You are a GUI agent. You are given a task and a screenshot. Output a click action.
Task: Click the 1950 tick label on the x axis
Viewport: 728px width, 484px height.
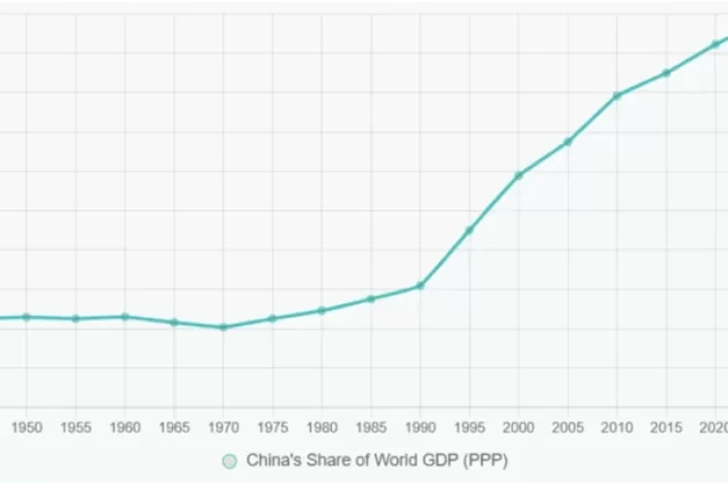coord(26,428)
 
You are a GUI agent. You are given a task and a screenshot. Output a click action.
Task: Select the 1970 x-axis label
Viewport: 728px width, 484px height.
coord(223,428)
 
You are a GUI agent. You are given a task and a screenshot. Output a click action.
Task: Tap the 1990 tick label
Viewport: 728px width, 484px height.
coord(419,428)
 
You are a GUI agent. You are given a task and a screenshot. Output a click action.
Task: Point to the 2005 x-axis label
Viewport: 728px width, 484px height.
coord(567,428)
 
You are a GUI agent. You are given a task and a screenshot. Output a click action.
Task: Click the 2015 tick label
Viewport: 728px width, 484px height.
coord(666,428)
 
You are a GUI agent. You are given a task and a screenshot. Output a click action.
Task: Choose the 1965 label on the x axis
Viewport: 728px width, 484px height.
coord(174,428)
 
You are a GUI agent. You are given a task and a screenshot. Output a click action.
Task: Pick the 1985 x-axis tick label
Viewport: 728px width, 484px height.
coord(371,428)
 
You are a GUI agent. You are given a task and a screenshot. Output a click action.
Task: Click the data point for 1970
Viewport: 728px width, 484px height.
coord(223,328)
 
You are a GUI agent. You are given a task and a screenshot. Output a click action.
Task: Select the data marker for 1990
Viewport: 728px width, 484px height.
coord(419,286)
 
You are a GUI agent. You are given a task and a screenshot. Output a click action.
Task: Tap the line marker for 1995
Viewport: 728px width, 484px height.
coord(469,230)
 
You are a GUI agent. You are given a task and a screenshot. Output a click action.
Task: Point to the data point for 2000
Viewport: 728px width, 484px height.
coord(519,175)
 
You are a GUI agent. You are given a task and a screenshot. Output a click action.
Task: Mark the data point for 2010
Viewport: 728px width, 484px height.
coord(617,95)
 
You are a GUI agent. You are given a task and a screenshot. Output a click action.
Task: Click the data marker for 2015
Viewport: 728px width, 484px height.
coord(667,73)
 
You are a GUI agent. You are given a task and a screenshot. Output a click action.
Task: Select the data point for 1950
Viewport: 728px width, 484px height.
coord(26,317)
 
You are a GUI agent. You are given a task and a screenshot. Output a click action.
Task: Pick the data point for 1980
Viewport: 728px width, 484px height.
coord(321,310)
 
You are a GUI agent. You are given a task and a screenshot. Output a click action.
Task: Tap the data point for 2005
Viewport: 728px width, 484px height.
coord(567,142)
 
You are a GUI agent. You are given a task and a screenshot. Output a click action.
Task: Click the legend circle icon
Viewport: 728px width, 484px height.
coord(230,461)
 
